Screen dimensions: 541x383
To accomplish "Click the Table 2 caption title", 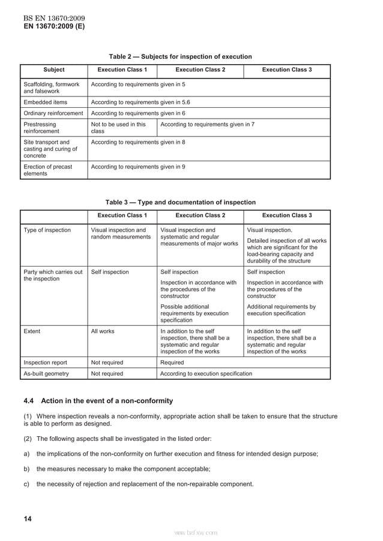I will coord(180,57).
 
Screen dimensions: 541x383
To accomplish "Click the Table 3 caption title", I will coord(180,203).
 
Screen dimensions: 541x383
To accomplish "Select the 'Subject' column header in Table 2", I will coord(54,70).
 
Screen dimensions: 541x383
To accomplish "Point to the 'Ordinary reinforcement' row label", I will coord(53,113).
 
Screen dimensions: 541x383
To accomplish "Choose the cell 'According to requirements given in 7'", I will coord(207,124).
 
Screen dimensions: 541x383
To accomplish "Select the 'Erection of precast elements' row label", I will coord(47,170).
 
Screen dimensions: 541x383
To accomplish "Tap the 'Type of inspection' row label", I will coord(47,230).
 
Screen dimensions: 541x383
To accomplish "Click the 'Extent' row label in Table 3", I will coord(32,331).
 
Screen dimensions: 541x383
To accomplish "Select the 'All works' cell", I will coord(103,331).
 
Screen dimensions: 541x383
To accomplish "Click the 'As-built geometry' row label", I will coord(46,373).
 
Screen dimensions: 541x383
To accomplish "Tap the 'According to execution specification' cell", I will coord(207,373).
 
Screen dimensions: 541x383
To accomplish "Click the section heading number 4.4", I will coord(28,401).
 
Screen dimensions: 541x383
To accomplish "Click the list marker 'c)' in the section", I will coord(26,484).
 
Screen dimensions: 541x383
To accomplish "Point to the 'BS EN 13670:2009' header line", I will coord(50,19).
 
